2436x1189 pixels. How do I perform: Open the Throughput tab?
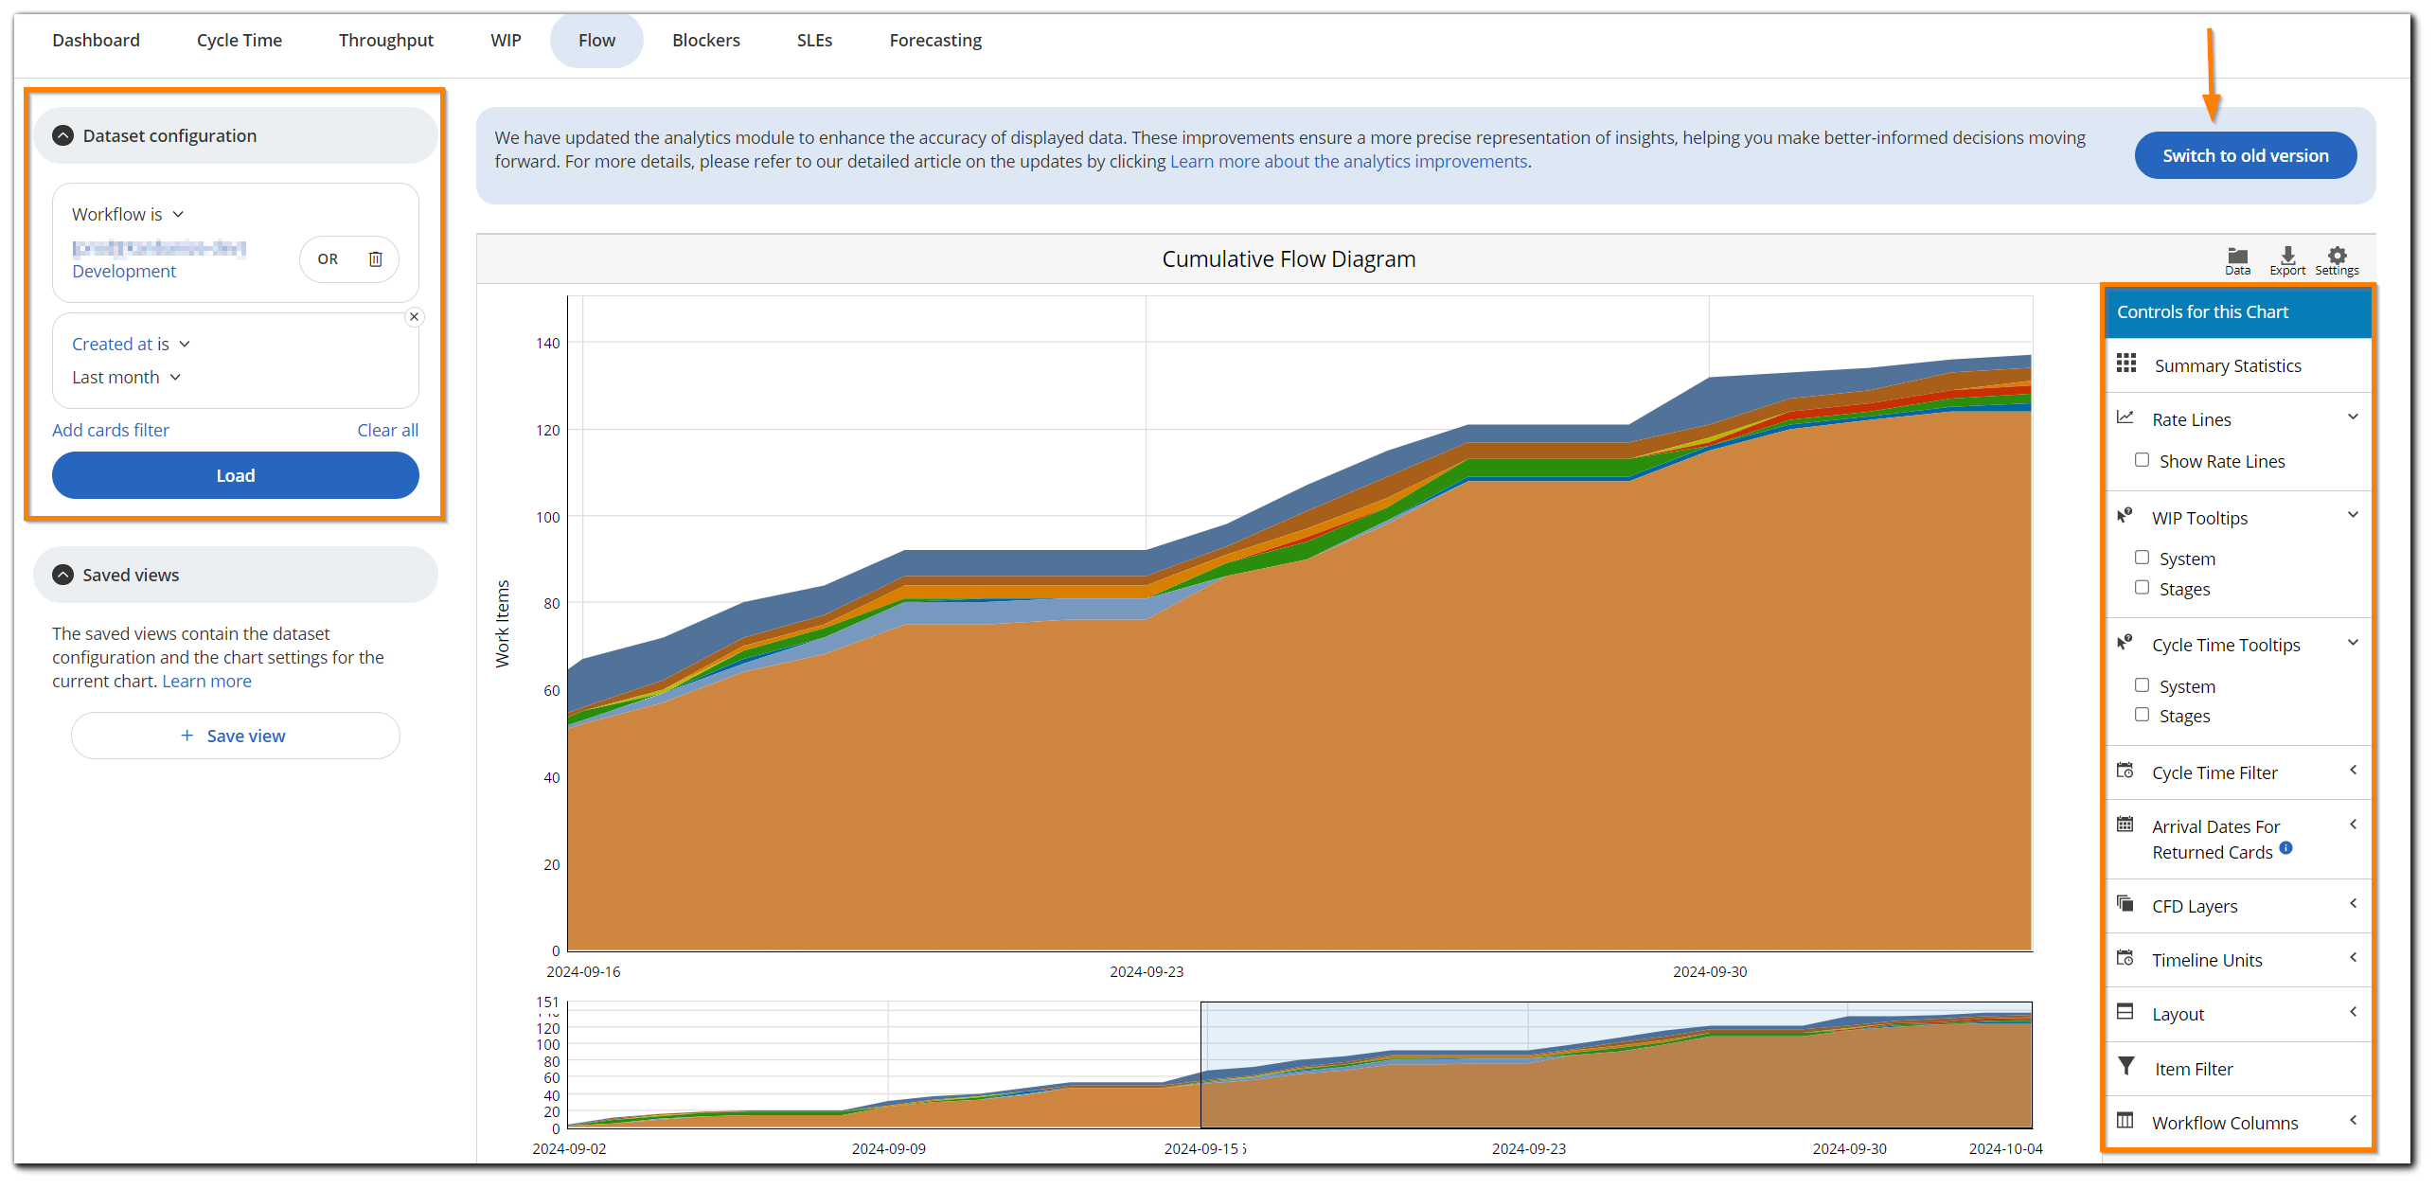pyautogui.click(x=385, y=40)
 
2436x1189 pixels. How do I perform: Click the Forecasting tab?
pyautogui.click(x=935, y=40)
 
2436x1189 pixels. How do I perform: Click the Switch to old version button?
pyautogui.click(x=2245, y=155)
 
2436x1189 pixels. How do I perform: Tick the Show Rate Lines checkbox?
pyautogui.click(x=2142, y=460)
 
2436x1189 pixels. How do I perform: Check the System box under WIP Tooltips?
pyautogui.click(x=2142, y=558)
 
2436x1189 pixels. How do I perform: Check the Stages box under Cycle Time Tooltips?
pyautogui.click(x=2142, y=715)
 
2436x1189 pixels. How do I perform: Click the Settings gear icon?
pyautogui.click(x=2337, y=257)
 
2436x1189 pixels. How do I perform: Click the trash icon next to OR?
pyautogui.click(x=376, y=258)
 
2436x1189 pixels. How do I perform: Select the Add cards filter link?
pyautogui.click(x=111, y=430)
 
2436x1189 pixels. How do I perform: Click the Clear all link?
pyautogui.click(x=387, y=430)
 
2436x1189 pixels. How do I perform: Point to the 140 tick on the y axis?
pyautogui.click(x=548, y=343)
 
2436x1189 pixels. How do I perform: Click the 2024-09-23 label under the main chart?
pyautogui.click(x=1147, y=971)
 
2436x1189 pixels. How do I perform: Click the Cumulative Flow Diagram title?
pyautogui.click(x=1289, y=259)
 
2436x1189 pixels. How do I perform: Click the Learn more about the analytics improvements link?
pyautogui.click(x=1348, y=162)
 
